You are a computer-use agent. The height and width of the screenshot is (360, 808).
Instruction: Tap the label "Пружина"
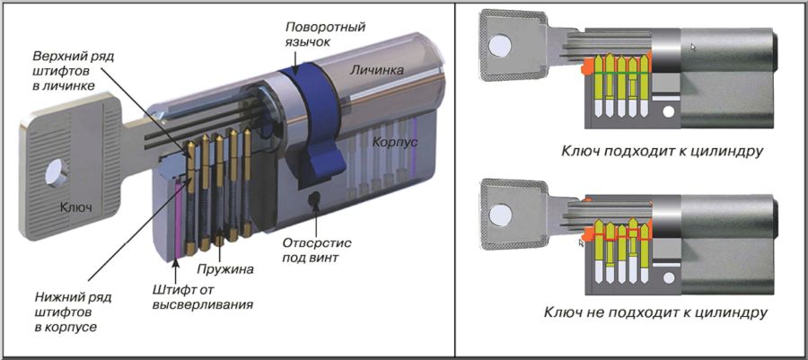pyautogui.click(x=228, y=268)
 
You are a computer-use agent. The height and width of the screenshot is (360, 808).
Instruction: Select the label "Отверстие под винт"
pyautogui.click(x=317, y=250)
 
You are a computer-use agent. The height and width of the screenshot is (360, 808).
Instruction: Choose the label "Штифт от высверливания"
pyautogui.click(x=200, y=296)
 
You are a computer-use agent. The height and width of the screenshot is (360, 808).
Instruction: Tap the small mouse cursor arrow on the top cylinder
pyautogui.click(x=693, y=45)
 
